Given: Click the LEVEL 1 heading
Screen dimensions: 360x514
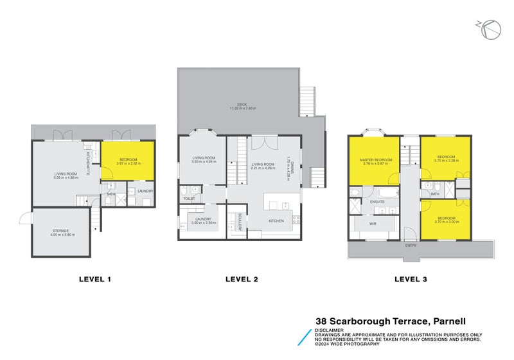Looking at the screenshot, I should [x=95, y=279].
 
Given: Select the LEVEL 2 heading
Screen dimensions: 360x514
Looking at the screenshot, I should [x=242, y=279].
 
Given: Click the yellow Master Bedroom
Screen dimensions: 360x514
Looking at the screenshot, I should [x=375, y=161].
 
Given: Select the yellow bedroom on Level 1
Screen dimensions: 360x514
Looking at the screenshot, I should [x=127, y=161].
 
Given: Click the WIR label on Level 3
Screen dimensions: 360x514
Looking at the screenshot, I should [x=373, y=224].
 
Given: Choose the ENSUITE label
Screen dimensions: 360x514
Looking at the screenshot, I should [x=377, y=202].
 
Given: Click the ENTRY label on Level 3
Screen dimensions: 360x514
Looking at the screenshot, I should [x=411, y=246].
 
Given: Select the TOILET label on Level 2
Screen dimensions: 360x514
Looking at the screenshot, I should [x=189, y=199].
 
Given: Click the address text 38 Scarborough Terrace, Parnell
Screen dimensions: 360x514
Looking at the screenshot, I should [x=390, y=321].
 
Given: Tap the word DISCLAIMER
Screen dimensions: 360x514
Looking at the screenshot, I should [x=329, y=330].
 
